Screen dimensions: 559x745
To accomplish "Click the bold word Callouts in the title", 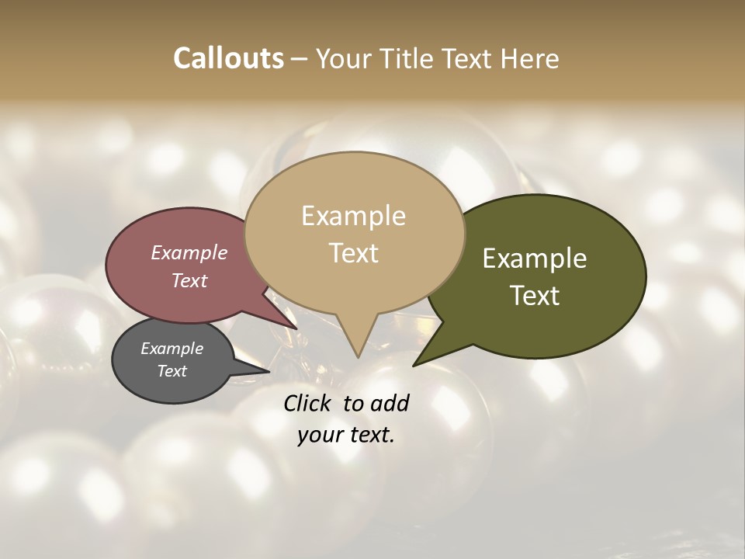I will [228, 58].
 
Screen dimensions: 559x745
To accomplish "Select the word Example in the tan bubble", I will [353, 216].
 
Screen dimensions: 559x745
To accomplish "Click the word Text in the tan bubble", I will [353, 253].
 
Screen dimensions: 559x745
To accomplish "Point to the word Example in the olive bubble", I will [535, 259].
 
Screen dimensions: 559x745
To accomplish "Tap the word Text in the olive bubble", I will [535, 296].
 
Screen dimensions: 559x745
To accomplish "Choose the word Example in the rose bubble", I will [189, 252].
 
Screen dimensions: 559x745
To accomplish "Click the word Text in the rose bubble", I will [189, 280].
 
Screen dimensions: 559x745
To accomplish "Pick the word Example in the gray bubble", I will [172, 349].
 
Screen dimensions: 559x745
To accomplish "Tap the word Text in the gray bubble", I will [172, 371].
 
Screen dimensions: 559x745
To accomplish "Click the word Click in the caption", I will [308, 403].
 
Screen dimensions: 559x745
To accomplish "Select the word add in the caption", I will [390, 403].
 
